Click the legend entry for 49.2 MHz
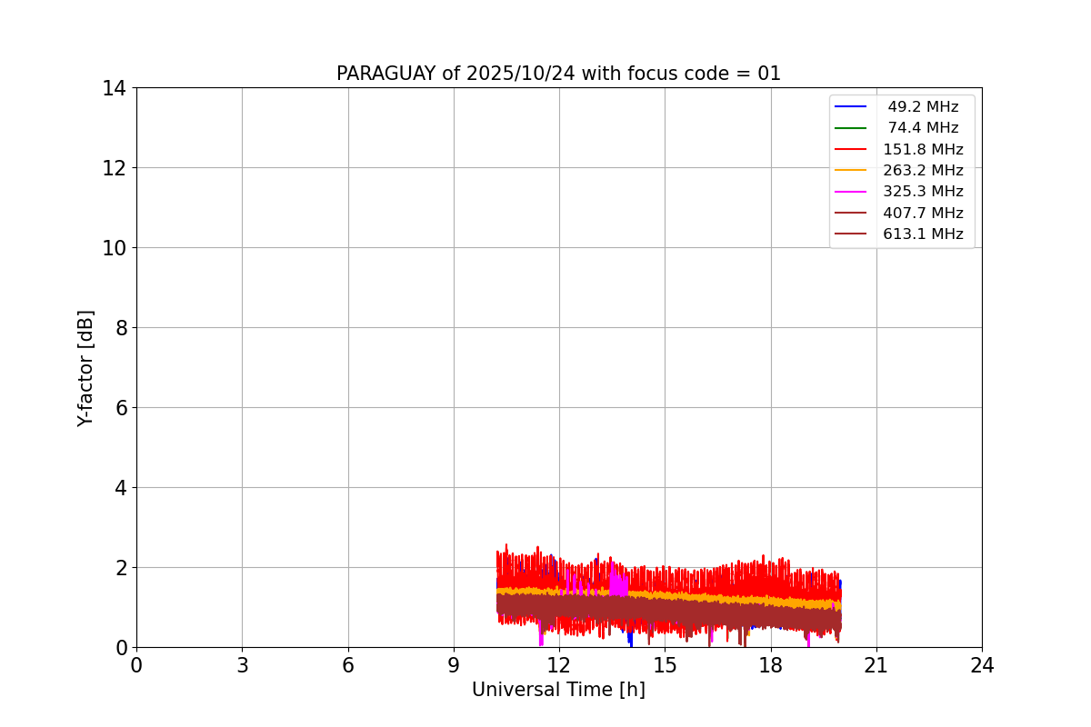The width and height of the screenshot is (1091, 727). (x=923, y=107)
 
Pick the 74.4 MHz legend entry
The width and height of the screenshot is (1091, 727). (x=923, y=128)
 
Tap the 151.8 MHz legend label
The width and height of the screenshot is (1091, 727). (x=923, y=150)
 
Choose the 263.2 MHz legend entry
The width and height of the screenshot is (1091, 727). (x=923, y=171)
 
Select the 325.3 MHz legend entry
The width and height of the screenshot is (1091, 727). (x=923, y=192)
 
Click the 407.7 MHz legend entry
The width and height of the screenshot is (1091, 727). (x=923, y=214)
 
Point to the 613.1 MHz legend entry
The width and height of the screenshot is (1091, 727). (x=923, y=234)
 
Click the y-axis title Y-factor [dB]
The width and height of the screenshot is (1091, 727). (x=85, y=368)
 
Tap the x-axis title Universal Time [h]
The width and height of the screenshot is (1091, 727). (x=558, y=690)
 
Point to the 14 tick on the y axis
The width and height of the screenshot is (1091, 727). (x=115, y=88)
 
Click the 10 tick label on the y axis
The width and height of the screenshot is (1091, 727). (x=115, y=248)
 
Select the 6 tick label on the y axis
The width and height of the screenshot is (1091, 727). (x=120, y=408)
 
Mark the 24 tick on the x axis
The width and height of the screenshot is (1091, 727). (x=982, y=665)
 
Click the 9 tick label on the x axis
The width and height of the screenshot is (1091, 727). (x=454, y=665)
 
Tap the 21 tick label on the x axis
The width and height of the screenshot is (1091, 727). (x=876, y=665)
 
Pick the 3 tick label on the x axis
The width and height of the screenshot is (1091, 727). (x=242, y=665)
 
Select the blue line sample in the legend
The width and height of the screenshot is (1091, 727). (x=850, y=107)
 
